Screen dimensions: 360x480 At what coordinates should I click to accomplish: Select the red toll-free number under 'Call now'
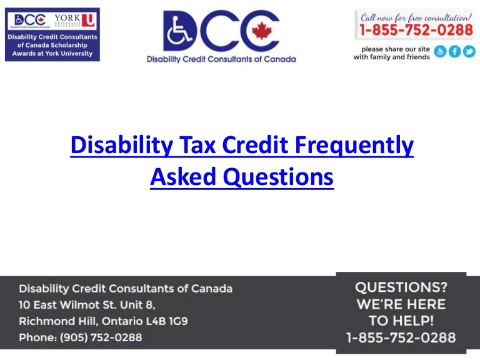point(416,28)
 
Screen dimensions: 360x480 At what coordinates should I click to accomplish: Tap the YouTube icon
point(440,52)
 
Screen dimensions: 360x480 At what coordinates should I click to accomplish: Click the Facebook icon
point(454,52)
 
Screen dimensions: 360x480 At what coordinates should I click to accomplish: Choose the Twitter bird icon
point(468,52)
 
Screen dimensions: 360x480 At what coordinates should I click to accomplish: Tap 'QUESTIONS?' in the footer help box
point(401,287)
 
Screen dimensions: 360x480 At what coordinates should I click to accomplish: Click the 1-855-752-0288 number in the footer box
point(401,337)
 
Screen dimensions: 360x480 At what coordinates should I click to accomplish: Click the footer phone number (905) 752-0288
point(101,337)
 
